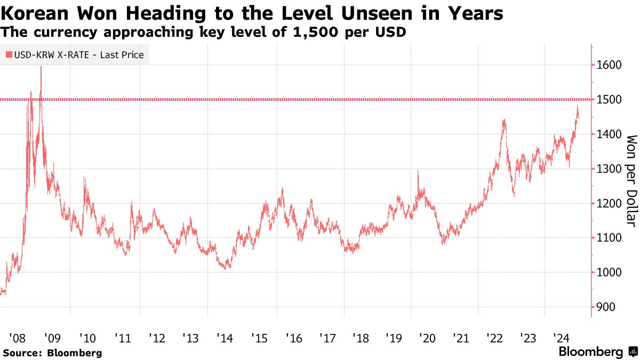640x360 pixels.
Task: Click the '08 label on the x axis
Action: coord(17,338)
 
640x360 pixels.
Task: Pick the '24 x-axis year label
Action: coord(562,338)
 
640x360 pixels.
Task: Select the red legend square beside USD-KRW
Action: coord(9,54)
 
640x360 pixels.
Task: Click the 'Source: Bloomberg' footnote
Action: coord(52,353)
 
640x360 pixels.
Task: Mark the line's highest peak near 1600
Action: coord(41,67)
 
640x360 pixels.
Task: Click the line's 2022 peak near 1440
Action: coord(503,121)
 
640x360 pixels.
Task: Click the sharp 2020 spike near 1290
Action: coord(418,171)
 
